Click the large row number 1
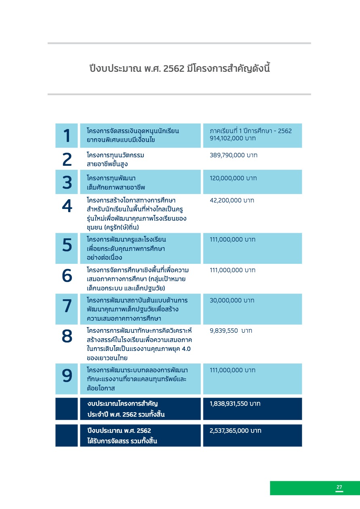(x=67, y=136)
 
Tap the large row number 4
(x=67, y=206)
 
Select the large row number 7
(x=67, y=306)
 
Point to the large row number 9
(x=67, y=376)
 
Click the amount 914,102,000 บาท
(x=232, y=138)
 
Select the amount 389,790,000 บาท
(x=233, y=155)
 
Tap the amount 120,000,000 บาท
(x=233, y=178)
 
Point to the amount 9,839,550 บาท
(x=231, y=331)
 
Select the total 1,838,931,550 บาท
(x=235, y=404)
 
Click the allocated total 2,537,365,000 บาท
(x=235, y=431)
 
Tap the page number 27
(x=339, y=488)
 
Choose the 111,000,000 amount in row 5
(x=232, y=240)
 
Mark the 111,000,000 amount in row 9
(x=232, y=370)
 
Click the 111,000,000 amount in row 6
(x=232, y=270)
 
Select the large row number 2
(x=67, y=160)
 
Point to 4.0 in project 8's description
(x=186, y=349)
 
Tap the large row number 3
(x=67, y=182)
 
